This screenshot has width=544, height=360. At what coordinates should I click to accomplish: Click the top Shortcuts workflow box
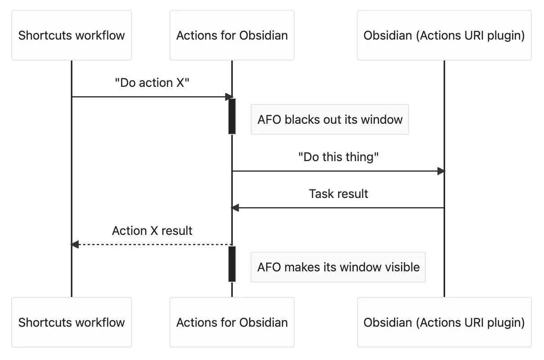pyautogui.click(x=71, y=36)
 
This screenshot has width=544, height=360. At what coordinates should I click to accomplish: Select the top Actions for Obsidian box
pyautogui.click(x=232, y=36)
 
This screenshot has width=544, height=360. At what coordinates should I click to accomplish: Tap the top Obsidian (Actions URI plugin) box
pyautogui.click(x=444, y=36)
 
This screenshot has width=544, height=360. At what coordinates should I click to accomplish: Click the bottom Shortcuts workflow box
pyautogui.click(x=71, y=322)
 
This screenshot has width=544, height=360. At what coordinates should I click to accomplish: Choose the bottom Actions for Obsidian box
pyautogui.click(x=232, y=322)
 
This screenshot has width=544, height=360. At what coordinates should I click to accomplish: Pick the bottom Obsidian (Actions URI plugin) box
pyautogui.click(x=444, y=322)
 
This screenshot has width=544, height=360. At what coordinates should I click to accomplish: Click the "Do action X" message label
pyautogui.click(x=152, y=83)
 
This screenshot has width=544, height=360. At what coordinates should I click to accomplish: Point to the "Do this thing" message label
pyautogui.click(x=339, y=157)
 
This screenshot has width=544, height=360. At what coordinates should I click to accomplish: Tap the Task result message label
pyautogui.click(x=339, y=194)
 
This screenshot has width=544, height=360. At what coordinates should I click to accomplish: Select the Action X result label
pyautogui.click(x=152, y=231)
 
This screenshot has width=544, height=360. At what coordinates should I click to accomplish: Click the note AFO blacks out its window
pyautogui.click(x=330, y=120)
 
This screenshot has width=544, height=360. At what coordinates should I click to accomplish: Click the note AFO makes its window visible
pyautogui.click(x=338, y=267)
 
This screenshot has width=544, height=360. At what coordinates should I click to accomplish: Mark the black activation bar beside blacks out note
pyautogui.click(x=232, y=116)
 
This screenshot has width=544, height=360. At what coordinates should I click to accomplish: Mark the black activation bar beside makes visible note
pyautogui.click(x=232, y=264)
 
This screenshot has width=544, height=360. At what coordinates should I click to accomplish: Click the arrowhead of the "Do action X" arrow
pyautogui.click(x=229, y=97)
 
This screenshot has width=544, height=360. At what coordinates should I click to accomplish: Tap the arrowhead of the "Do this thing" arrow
pyautogui.click(x=441, y=171)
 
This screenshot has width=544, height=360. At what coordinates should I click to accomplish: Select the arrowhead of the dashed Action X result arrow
pyautogui.click(x=75, y=244)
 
